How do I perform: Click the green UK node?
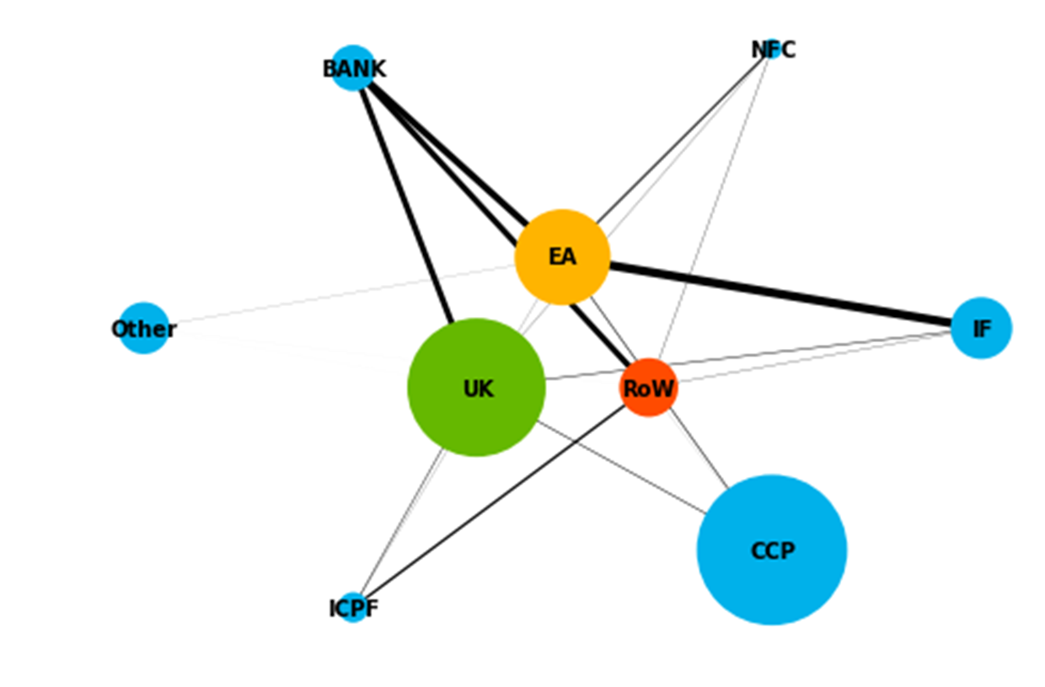click(x=476, y=388)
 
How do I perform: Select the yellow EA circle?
click(x=562, y=256)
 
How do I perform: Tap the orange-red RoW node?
click(x=648, y=388)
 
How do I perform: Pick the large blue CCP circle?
click(x=771, y=550)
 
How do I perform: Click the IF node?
click(x=981, y=328)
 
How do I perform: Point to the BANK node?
click(x=353, y=68)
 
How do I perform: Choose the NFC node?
click(x=772, y=50)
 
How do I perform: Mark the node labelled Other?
click(x=144, y=328)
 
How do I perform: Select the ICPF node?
click(x=354, y=607)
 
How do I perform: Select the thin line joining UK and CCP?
click(x=624, y=469)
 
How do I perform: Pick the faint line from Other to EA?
click(x=337, y=294)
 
